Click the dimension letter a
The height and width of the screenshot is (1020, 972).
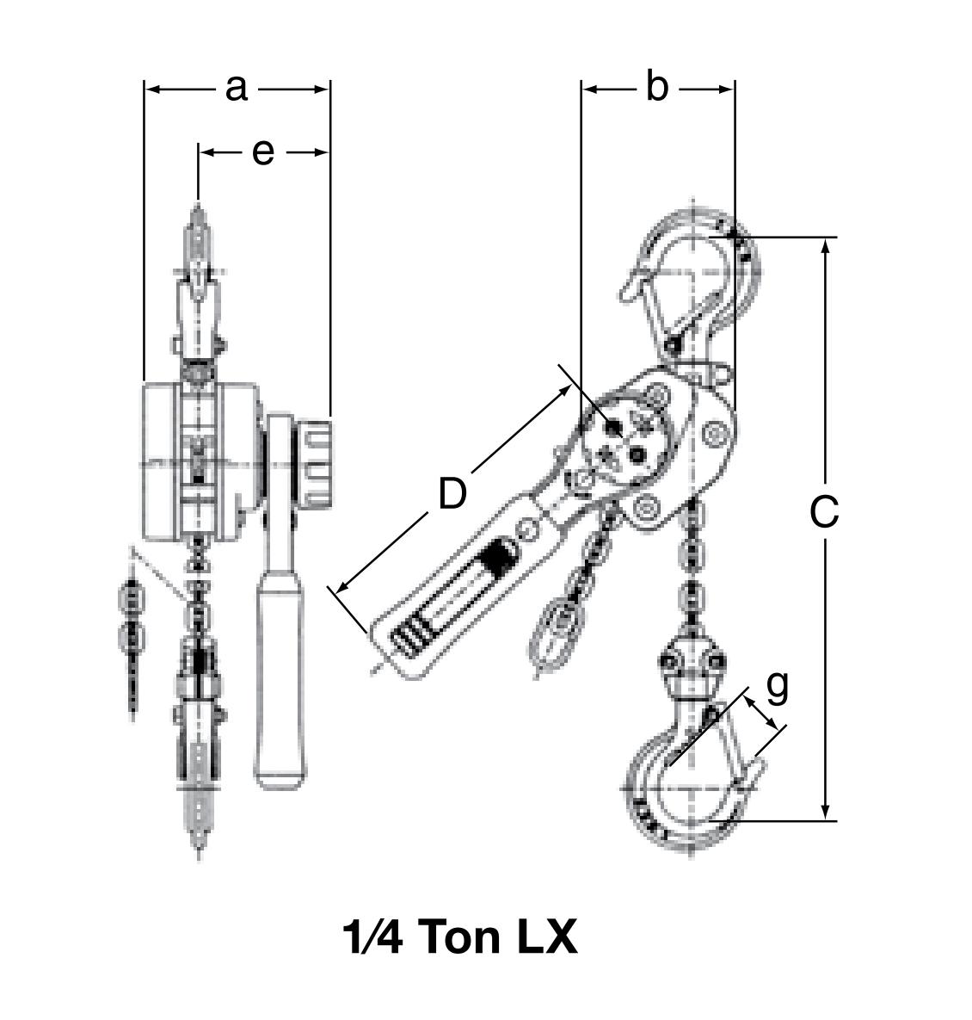coord(237,88)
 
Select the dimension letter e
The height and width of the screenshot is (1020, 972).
coord(263,152)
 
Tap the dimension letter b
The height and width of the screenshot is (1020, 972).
coord(656,88)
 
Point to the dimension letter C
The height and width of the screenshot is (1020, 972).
coord(824,514)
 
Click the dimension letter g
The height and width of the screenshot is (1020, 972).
coord(777,686)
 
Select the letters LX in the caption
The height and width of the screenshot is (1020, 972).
coord(546,937)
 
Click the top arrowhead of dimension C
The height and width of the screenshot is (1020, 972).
coord(826,245)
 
